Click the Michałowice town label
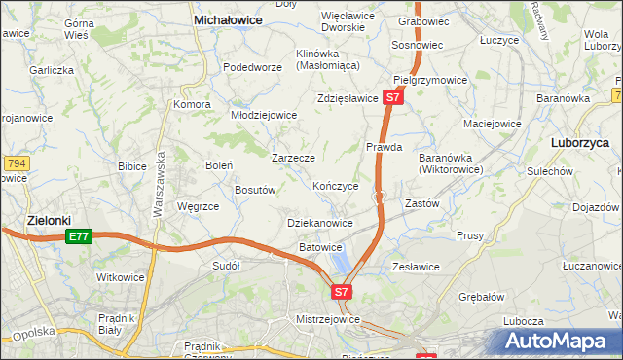click(x=233, y=18)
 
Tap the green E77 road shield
click(x=79, y=236)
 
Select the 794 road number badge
click(x=15, y=162)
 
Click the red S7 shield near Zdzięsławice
click(x=391, y=97)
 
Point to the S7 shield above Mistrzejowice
click(x=341, y=291)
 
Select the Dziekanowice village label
click(x=320, y=223)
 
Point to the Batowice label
click(x=320, y=247)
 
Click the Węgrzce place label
click(x=198, y=206)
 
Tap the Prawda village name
click(x=384, y=147)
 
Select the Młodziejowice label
click(x=263, y=114)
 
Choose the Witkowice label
click(x=121, y=277)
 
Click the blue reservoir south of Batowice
click(x=341, y=260)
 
